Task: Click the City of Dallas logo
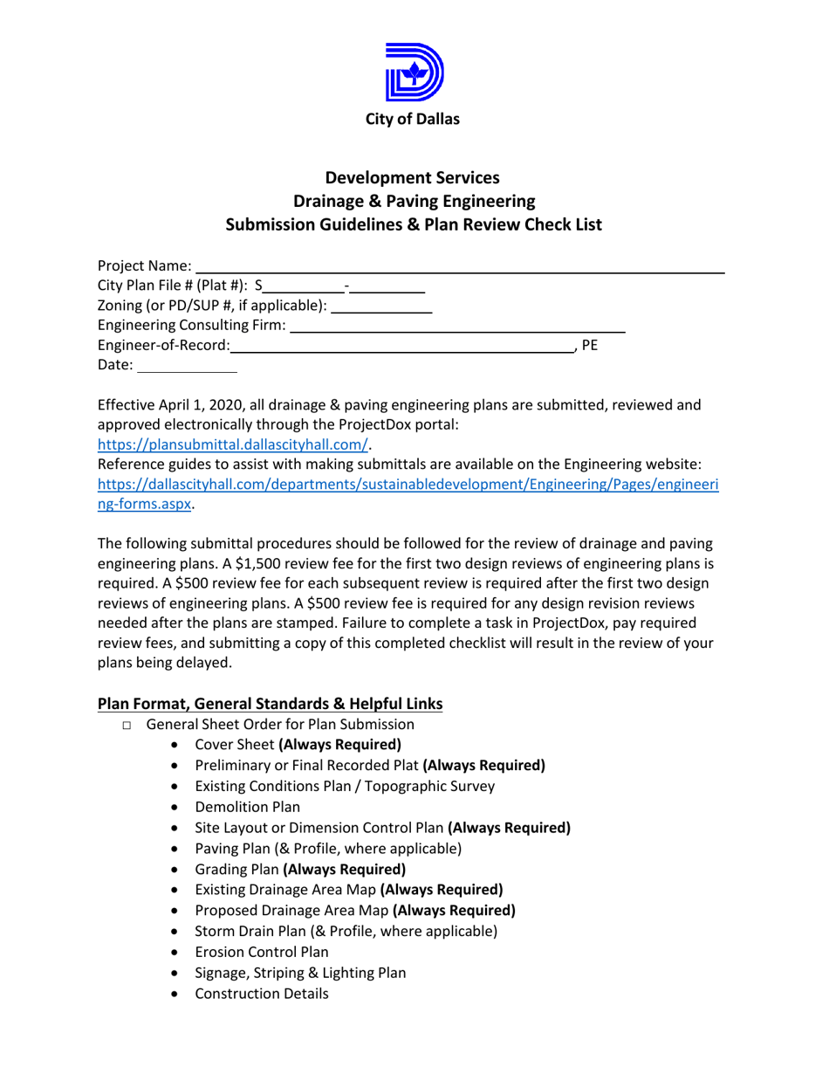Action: click(414, 72)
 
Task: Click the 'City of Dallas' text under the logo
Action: click(414, 120)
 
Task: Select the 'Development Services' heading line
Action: click(414, 177)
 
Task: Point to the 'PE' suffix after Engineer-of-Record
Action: click(590, 346)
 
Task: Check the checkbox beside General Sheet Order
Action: click(127, 726)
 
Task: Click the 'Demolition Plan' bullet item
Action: click(247, 807)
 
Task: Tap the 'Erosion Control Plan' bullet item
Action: click(262, 952)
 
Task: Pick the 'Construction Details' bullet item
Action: click(262, 993)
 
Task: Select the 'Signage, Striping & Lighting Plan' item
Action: click(300, 973)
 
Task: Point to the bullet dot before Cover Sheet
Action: click(178, 746)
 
